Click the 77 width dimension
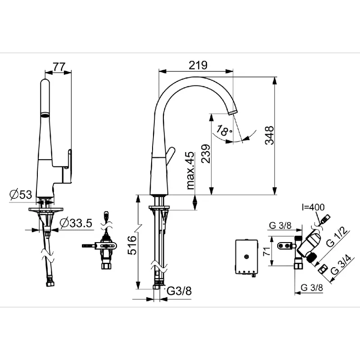point(59,67)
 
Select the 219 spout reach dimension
point(198,65)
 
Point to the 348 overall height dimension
point(269,135)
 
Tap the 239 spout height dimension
point(206,153)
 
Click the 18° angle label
point(224,130)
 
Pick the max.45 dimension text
point(190,171)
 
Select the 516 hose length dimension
point(132,245)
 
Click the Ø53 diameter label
point(21,195)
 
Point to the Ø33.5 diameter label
point(76,223)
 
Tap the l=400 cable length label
point(313,207)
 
